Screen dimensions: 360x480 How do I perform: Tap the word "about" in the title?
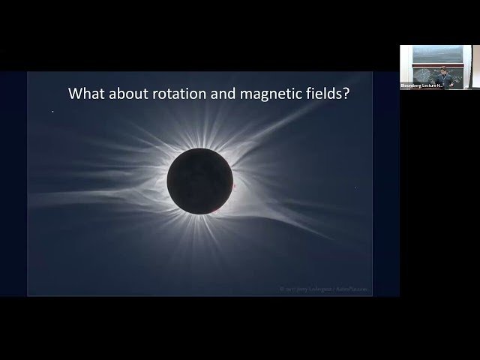pos(127,94)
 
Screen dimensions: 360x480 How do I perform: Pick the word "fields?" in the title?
pos(325,94)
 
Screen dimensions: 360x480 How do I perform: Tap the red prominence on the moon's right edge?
pos(233,185)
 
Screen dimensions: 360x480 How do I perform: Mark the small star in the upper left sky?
pos(53,112)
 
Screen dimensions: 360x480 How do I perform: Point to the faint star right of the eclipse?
pos(355,187)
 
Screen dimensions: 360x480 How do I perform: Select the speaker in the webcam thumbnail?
pos(443,74)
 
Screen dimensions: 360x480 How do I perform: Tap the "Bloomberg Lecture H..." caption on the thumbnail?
pos(421,86)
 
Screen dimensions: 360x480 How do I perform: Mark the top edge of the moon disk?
pos(200,148)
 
